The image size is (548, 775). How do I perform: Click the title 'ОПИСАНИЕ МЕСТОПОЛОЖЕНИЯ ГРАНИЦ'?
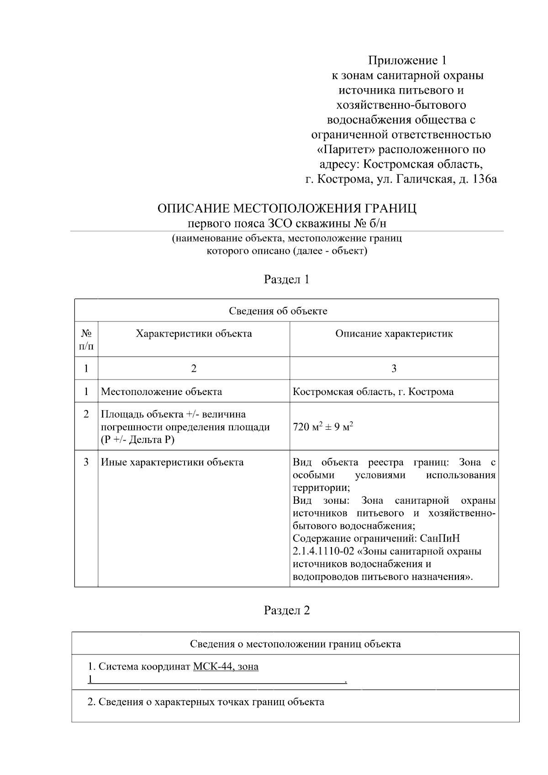[x=287, y=209]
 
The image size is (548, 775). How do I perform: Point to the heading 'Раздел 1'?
[x=287, y=279]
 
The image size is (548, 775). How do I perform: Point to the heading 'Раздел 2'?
[x=287, y=611]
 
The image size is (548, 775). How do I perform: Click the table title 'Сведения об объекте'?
[x=278, y=311]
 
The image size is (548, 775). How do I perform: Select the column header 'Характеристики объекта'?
[x=194, y=334]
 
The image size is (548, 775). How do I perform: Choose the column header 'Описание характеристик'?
[x=394, y=334]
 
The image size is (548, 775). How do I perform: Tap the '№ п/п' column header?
[x=86, y=339]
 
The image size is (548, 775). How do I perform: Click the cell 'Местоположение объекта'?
[x=161, y=392]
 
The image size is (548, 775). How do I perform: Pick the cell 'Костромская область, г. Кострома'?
[x=373, y=392]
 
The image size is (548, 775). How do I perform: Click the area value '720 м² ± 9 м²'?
[x=323, y=428]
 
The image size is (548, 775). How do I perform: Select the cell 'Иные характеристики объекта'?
[x=172, y=462]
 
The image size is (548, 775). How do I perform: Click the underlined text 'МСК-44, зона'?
[x=226, y=667]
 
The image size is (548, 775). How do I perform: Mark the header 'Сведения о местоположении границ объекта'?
[x=295, y=644]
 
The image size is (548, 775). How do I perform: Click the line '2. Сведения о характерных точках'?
[x=205, y=702]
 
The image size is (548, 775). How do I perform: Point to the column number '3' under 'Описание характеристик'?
[x=394, y=369]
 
